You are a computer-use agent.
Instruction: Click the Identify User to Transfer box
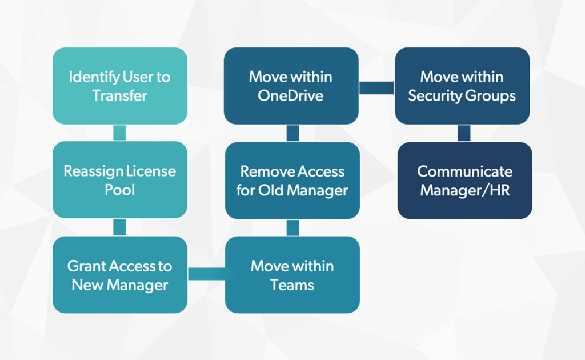[x=120, y=86]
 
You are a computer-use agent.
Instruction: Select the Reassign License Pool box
[x=120, y=180]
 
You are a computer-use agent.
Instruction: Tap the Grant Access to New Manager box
[x=120, y=275]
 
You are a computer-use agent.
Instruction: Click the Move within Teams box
[x=292, y=275]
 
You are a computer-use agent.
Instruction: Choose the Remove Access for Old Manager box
[x=292, y=181]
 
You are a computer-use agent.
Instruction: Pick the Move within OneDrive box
[x=291, y=86]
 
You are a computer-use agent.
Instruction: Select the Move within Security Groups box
[x=462, y=86]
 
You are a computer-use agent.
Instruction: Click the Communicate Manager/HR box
[x=464, y=181]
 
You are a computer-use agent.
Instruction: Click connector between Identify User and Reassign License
[x=119, y=133]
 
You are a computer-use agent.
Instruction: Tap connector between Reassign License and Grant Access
[x=119, y=227]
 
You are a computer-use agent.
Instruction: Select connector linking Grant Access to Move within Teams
[x=206, y=274]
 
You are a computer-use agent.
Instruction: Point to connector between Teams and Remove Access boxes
[x=292, y=227]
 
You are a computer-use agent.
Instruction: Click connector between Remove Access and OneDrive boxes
[x=292, y=133]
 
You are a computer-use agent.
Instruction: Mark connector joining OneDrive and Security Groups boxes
[x=377, y=87]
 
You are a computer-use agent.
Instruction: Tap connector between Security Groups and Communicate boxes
[x=464, y=133]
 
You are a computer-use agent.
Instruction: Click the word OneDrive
[x=290, y=95]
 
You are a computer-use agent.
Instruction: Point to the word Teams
[x=292, y=285]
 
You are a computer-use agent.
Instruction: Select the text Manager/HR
[x=464, y=190]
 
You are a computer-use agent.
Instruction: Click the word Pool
[x=119, y=190]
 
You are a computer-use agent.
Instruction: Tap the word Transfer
[x=120, y=95]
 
